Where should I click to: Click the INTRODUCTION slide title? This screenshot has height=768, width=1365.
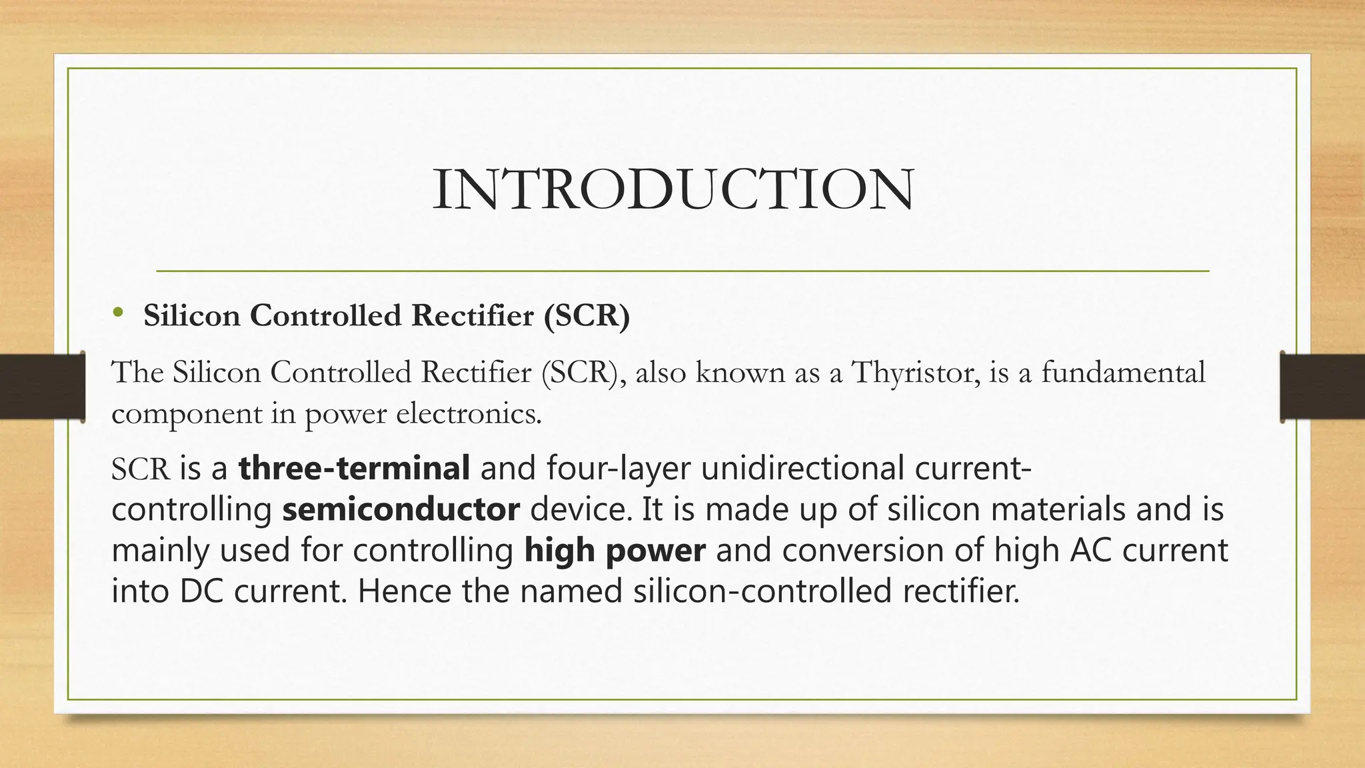pyautogui.click(x=673, y=190)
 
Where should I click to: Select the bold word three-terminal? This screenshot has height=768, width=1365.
pyautogui.click(x=354, y=468)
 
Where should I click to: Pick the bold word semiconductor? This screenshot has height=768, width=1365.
pyautogui.click(x=401, y=509)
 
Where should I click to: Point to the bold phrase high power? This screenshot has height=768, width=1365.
pyautogui.click(x=615, y=551)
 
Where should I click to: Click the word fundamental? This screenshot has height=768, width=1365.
pyautogui.click(x=1123, y=373)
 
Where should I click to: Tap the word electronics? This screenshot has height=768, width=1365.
pyautogui.click(x=469, y=414)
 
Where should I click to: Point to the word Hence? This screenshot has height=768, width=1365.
pyautogui.click(x=404, y=591)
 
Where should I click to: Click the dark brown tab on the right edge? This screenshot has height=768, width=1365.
pyautogui.click(x=1322, y=387)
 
